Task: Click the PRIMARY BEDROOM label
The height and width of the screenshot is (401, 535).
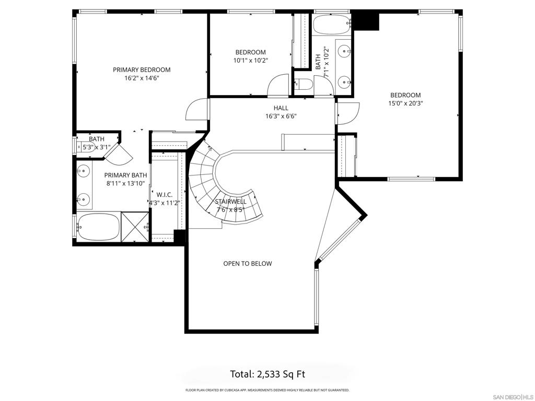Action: tap(142, 69)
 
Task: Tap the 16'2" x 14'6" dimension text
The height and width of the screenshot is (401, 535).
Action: tap(142, 78)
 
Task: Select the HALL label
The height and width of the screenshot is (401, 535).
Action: tap(281, 108)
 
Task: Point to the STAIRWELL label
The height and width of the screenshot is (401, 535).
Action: tap(230, 202)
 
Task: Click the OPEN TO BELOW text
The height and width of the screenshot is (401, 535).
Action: tap(247, 264)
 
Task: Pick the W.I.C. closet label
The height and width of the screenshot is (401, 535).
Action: tap(164, 194)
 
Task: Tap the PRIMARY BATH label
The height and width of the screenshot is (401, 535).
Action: tap(125, 175)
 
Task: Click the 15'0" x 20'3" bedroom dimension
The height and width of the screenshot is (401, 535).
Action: tap(405, 103)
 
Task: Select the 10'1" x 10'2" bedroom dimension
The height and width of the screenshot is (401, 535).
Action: tap(250, 61)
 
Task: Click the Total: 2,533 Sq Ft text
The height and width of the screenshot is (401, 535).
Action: tap(267, 374)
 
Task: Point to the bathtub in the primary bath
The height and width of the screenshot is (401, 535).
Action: tap(98, 227)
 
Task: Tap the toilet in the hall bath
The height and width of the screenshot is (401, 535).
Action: tap(304, 84)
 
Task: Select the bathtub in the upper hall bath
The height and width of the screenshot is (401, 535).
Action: tap(332, 23)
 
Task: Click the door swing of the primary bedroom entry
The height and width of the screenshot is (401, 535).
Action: tap(197, 109)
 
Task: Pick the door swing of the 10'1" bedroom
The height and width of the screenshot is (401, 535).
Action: tap(278, 85)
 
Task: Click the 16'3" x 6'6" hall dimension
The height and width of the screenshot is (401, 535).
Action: tap(281, 116)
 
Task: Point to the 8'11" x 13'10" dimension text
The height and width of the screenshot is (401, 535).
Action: tap(125, 184)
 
